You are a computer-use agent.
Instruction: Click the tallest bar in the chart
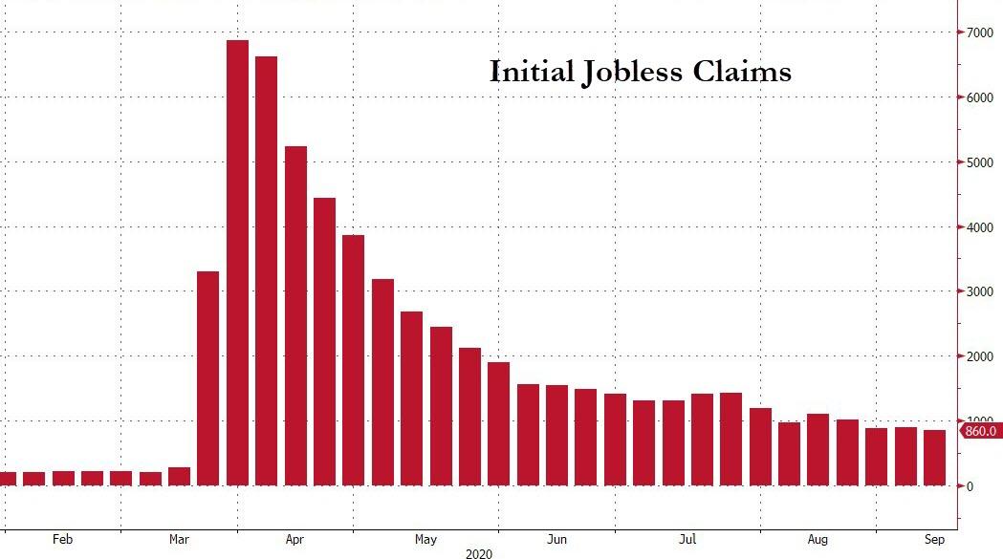pos(237,263)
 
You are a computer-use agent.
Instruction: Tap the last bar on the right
pos(933,458)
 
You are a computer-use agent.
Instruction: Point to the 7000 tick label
pos(976,32)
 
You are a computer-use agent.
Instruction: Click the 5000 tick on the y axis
pos(976,162)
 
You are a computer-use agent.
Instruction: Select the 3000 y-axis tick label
pos(976,291)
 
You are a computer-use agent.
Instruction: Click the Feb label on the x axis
pos(62,540)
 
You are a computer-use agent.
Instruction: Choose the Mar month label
pos(180,540)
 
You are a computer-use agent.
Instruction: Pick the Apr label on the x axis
pos(295,540)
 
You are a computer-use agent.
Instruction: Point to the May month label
pos(425,540)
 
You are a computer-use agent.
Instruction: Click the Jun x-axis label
pos(556,540)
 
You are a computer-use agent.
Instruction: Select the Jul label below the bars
pos(687,540)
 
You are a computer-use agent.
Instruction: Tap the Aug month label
pos(818,540)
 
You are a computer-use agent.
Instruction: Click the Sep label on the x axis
pos(934,540)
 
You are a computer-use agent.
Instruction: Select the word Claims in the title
pos(747,72)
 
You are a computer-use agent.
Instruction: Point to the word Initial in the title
pos(531,72)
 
